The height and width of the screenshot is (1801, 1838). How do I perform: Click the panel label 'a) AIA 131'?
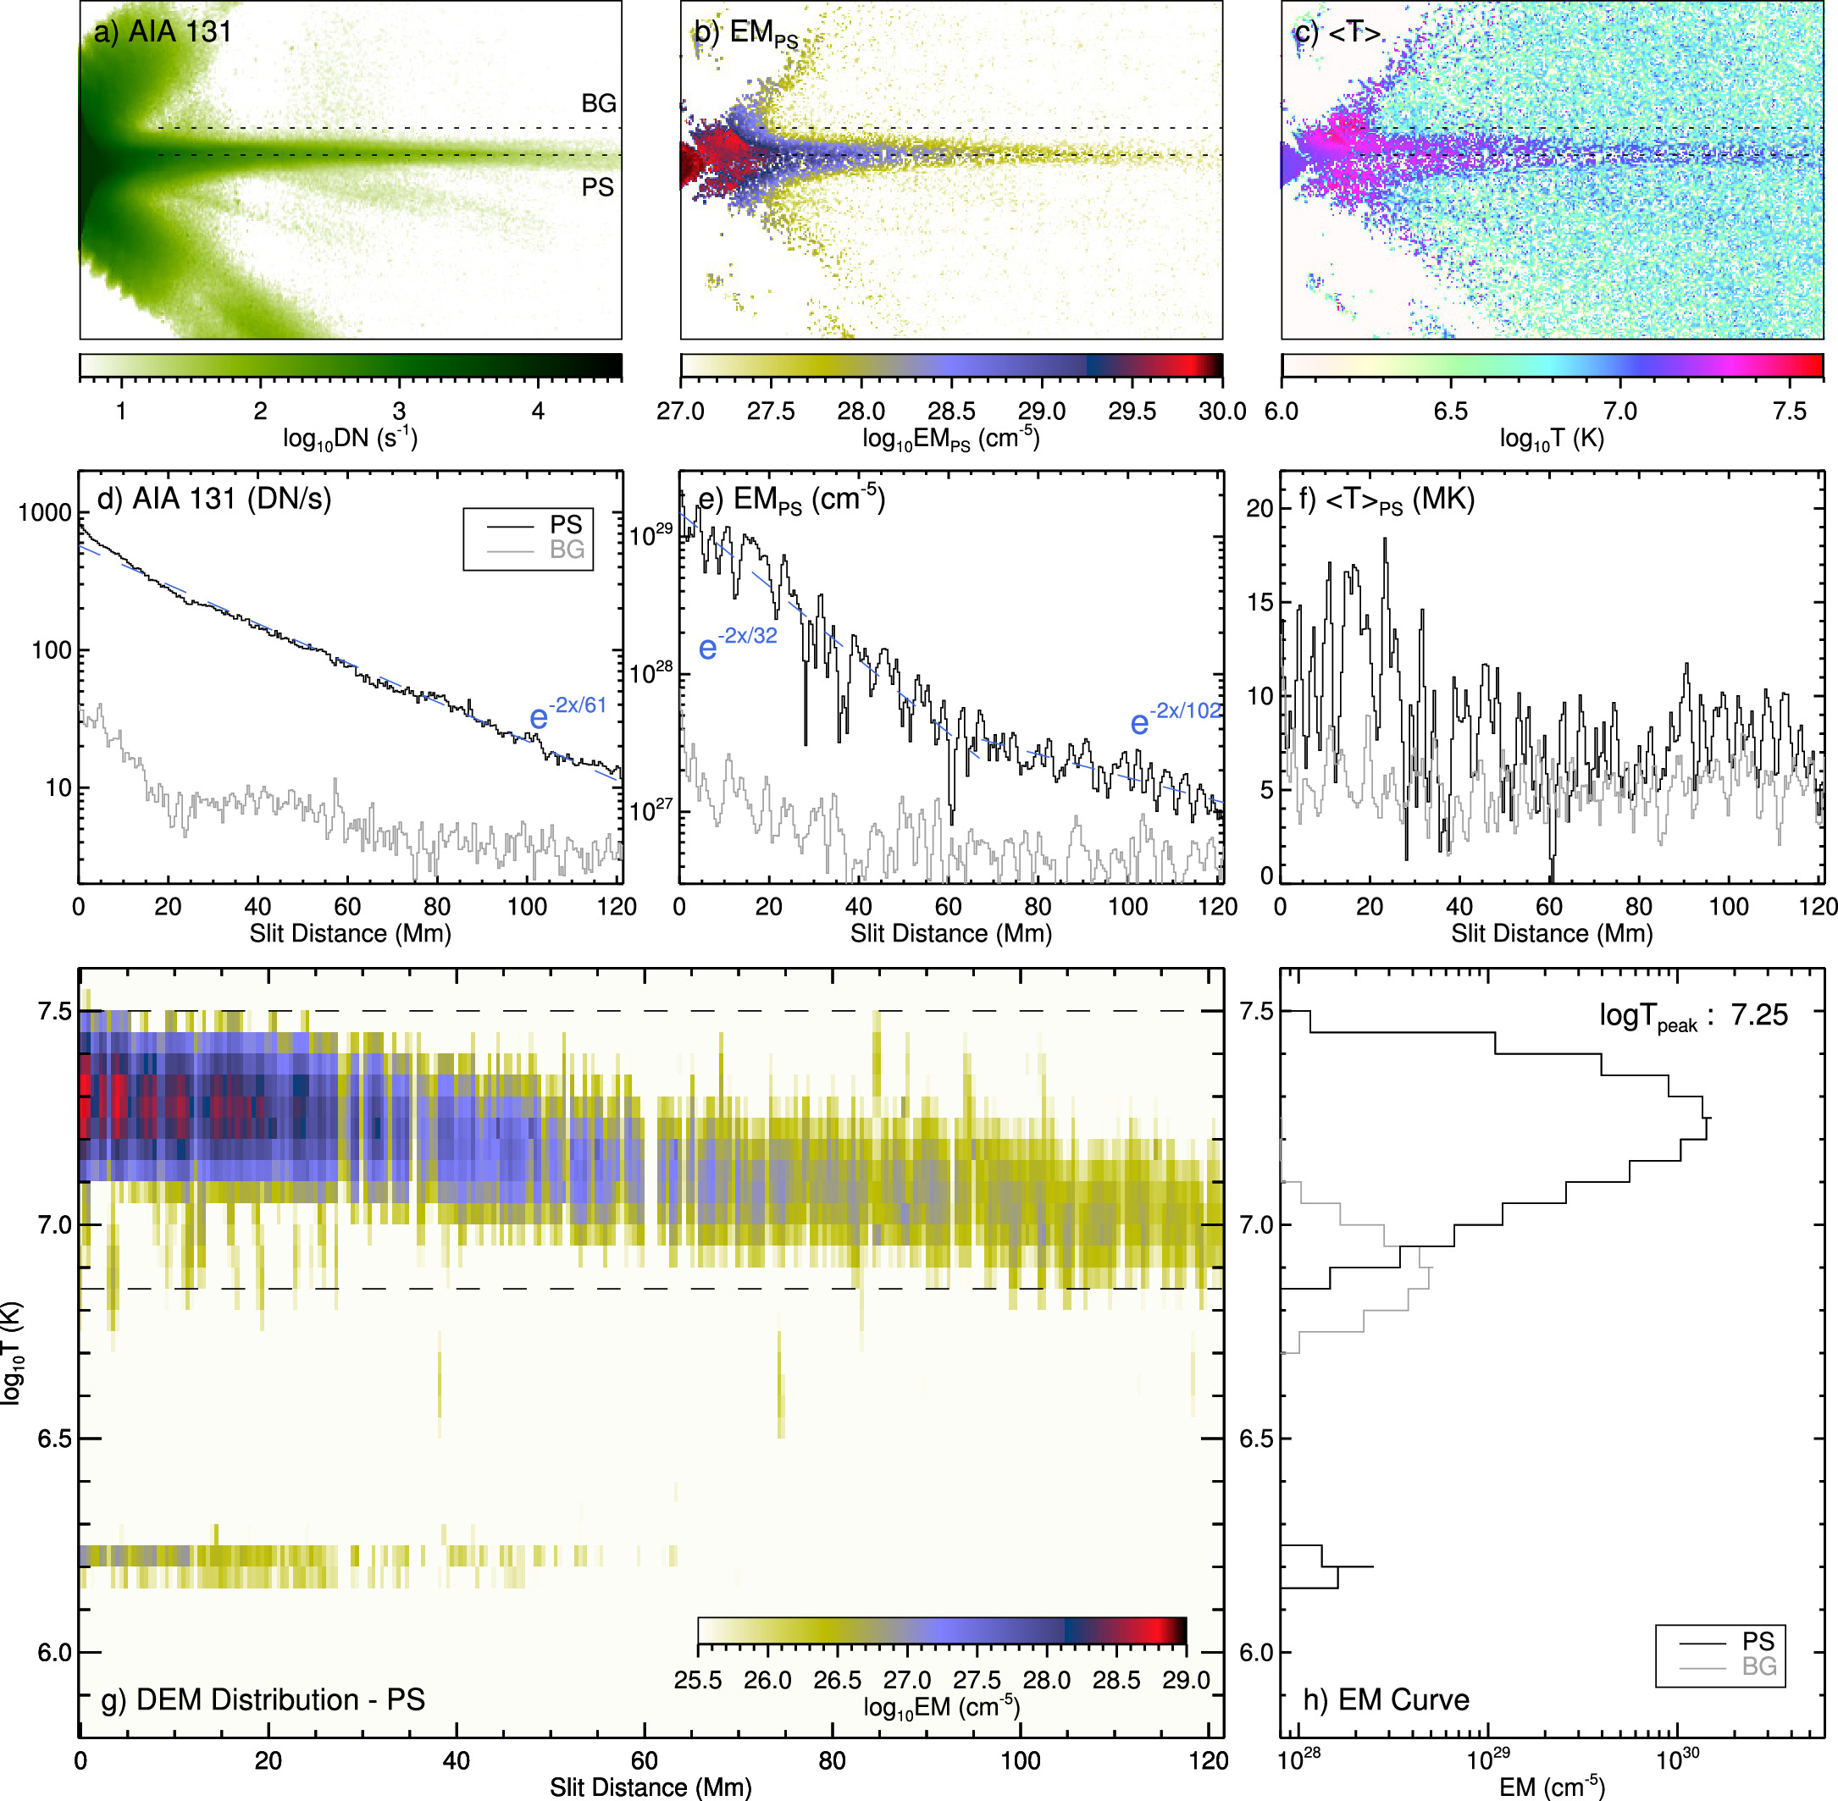click(x=163, y=32)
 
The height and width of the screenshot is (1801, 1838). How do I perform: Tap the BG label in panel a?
click(x=598, y=103)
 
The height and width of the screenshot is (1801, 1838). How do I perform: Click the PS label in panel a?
click(x=597, y=187)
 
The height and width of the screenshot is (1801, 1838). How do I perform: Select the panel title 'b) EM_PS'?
click(x=746, y=34)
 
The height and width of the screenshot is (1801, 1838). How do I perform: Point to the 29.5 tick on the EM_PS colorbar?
click(x=1132, y=412)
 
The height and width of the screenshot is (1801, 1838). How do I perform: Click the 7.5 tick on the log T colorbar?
click(x=1789, y=412)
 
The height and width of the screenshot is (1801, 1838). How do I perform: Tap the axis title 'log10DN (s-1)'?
click(x=350, y=438)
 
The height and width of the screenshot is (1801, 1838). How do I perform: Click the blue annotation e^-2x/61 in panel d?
click(x=567, y=713)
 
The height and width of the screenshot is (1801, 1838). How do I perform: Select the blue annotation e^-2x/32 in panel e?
click(x=738, y=644)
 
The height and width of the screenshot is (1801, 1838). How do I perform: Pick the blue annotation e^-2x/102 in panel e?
click(x=1176, y=718)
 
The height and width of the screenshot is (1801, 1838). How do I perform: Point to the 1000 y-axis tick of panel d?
click(x=44, y=512)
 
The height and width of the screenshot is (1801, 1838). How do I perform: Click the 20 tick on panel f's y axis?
click(x=1260, y=508)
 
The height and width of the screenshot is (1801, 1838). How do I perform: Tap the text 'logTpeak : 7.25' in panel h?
click(x=1693, y=1016)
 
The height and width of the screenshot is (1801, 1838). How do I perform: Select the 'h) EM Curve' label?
click(x=1386, y=1699)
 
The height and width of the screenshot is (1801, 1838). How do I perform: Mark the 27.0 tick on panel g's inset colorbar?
click(x=907, y=1680)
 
